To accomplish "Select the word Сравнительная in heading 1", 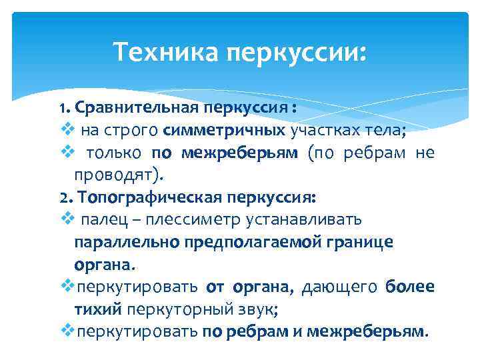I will pyautogui.click(x=138, y=107).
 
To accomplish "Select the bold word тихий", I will pyautogui.click(x=97, y=309).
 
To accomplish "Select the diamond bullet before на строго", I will pyautogui.click(x=65, y=129).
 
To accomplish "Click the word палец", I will pyautogui.click(x=99, y=219).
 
